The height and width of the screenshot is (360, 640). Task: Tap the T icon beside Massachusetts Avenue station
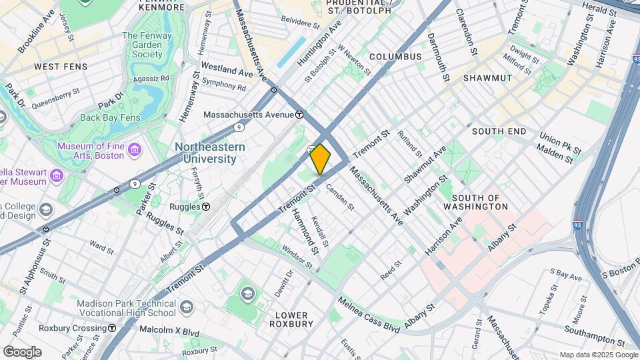[x=300, y=114]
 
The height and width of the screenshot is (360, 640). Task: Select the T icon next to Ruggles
[x=207, y=207]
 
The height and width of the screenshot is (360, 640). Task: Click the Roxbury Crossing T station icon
[x=112, y=328]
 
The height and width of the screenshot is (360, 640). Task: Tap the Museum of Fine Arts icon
[x=135, y=150]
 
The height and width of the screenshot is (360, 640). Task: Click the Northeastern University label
[x=210, y=153]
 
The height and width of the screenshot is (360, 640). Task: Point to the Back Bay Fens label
[x=111, y=117]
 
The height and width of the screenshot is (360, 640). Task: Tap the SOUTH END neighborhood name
[x=499, y=131]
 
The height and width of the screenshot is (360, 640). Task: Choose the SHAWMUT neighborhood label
[x=487, y=78]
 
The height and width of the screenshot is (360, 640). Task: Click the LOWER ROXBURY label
[x=291, y=319]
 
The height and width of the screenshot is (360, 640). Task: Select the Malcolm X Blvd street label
[x=169, y=330]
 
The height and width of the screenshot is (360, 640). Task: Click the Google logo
[x=22, y=351]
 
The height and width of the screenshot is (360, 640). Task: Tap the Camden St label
[x=340, y=197]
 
